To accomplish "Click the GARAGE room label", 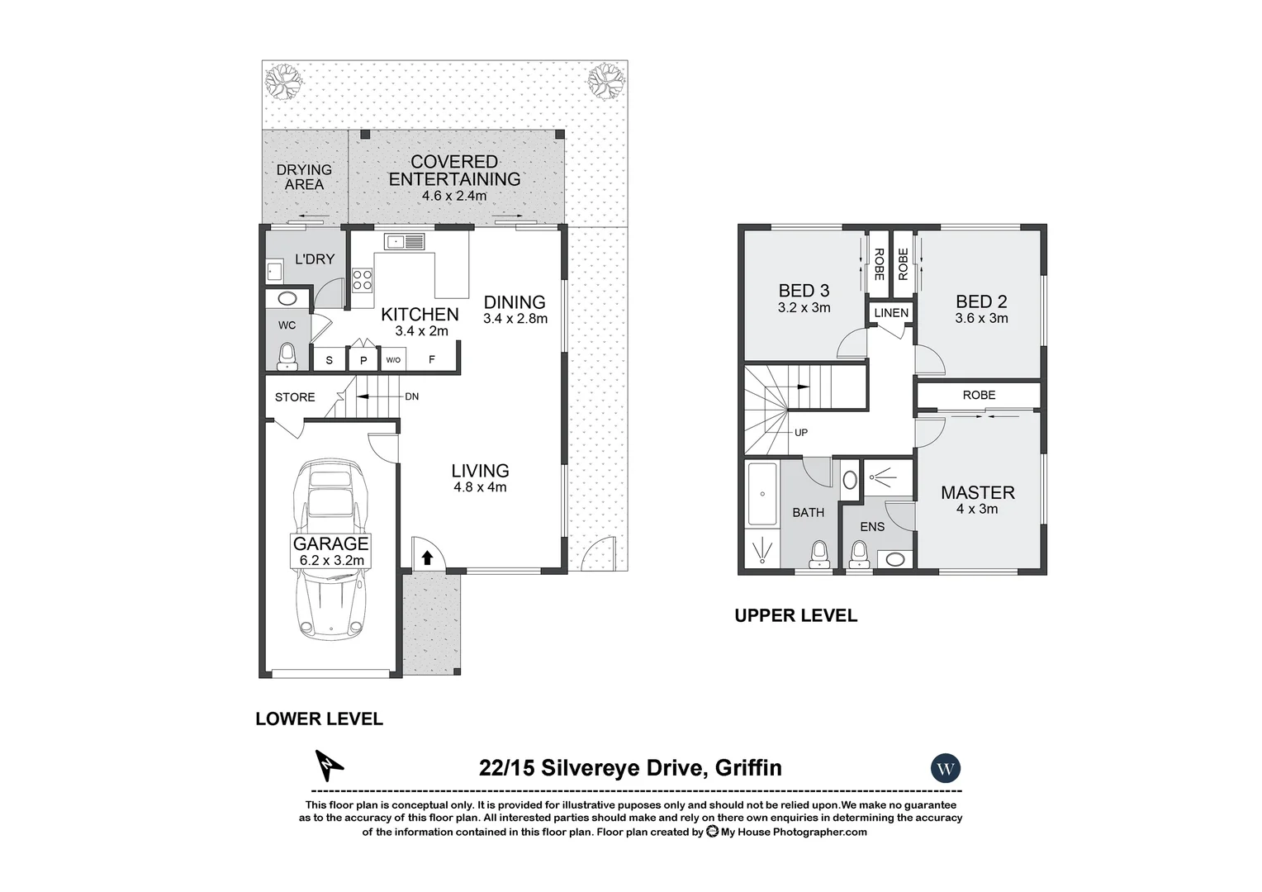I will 330,543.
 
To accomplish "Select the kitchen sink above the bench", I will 404,241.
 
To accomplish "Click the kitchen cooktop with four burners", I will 362,280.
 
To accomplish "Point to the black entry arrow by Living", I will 427,557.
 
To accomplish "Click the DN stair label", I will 411,396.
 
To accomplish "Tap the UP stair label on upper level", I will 800,432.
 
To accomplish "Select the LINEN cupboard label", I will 891,313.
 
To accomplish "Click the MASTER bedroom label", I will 978,492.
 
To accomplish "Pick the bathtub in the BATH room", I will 761,494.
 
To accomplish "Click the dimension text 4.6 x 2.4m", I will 454,196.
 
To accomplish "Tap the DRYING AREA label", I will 304,177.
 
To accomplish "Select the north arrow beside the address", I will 330,766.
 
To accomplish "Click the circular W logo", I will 946,769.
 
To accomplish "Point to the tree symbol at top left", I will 282,81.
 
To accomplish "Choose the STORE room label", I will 295,397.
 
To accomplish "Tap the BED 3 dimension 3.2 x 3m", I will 804,307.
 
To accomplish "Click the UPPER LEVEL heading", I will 795,615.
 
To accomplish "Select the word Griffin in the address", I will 747,768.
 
